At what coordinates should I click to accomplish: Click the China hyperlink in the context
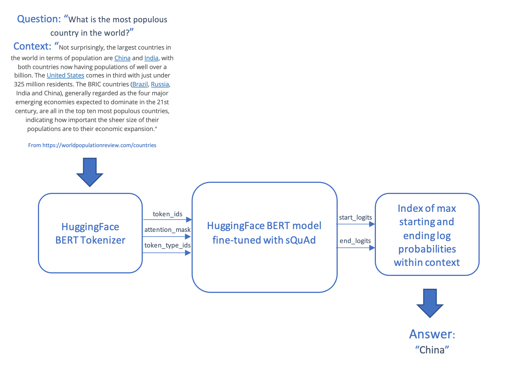(x=122, y=58)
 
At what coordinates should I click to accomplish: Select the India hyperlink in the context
(x=151, y=58)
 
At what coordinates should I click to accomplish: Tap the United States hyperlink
(x=66, y=75)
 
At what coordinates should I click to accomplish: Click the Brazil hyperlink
(x=140, y=84)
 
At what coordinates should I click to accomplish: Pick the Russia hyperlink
(x=160, y=84)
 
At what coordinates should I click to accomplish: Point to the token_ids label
(x=167, y=214)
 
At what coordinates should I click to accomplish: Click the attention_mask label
(x=167, y=230)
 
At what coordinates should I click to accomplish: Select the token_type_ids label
(x=167, y=245)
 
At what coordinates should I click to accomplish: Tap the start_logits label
(x=355, y=217)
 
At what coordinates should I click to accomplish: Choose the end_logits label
(x=355, y=241)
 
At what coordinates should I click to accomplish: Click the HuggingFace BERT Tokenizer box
(x=90, y=233)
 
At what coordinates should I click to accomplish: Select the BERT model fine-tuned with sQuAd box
(x=264, y=237)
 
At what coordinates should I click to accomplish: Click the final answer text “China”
(x=432, y=350)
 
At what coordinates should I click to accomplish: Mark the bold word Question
(x=39, y=19)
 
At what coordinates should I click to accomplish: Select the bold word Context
(x=32, y=47)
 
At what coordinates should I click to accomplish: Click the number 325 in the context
(x=19, y=84)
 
